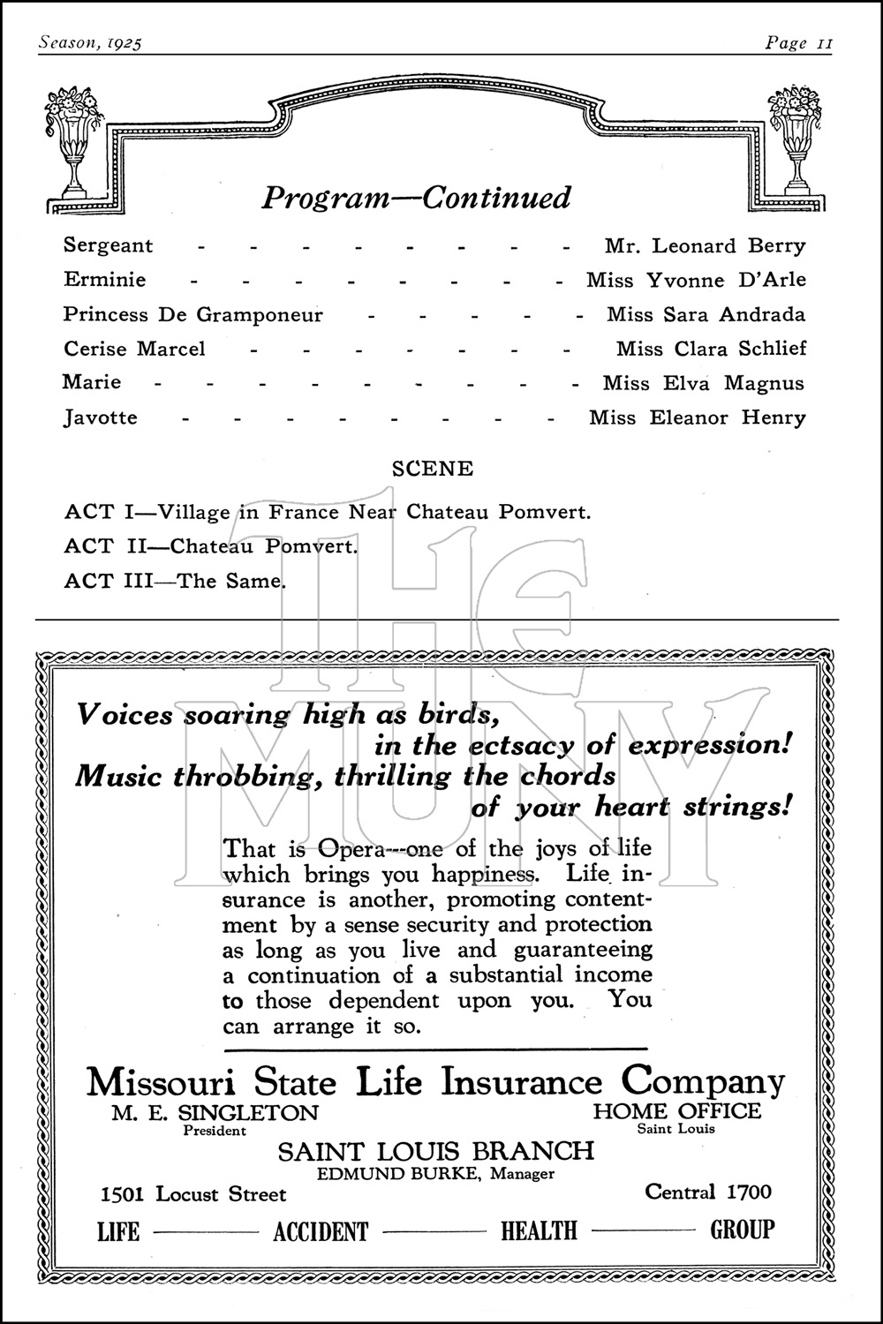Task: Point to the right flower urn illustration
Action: coord(797,141)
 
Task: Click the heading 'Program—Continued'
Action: coord(416,197)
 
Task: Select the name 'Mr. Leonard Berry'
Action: coord(705,245)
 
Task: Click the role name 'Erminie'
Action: coord(105,280)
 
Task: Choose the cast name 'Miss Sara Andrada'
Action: coord(706,314)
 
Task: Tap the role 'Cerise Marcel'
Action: coord(134,349)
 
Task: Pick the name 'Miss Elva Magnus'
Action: coord(704,383)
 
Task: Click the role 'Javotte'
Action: coord(101,418)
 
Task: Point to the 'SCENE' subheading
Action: coord(433,469)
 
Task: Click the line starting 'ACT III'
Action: coord(175,581)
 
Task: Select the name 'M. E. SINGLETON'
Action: coord(215,1112)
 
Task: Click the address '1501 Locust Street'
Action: coord(194,1194)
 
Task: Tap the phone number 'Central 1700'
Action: coord(708,1192)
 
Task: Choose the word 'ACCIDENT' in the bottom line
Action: coord(321,1231)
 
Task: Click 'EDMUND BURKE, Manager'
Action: coord(436,1174)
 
